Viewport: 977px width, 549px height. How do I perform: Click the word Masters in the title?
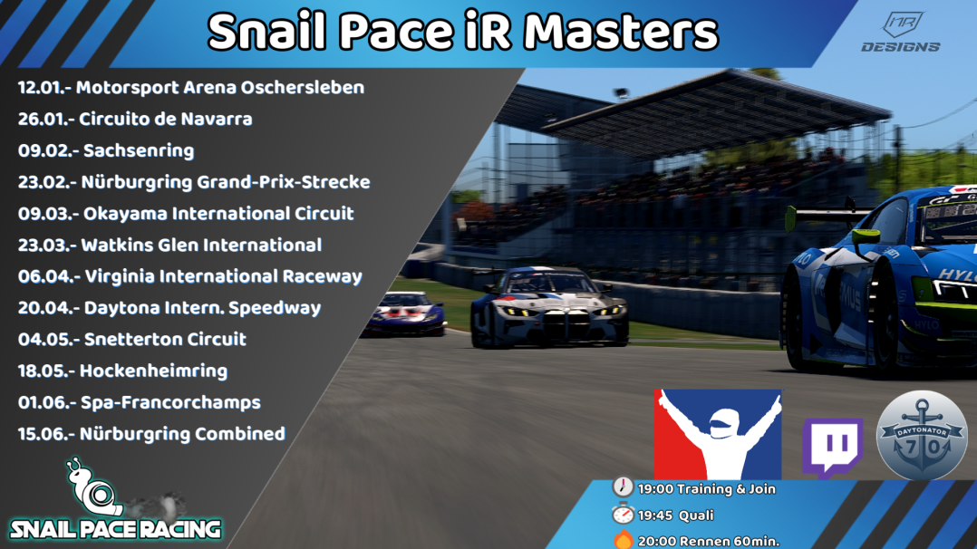(621, 33)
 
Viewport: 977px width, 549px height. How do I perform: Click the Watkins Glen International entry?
(200, 245)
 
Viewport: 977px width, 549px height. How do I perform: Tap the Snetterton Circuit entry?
(164, 340)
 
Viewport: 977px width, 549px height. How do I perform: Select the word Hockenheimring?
(153, 371)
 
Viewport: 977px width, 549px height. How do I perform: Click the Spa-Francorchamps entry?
(169, 402)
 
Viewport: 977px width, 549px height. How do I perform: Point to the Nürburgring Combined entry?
(181, 434)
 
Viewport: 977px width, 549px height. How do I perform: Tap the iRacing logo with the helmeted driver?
(717, 434)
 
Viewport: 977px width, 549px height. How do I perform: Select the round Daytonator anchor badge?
(922, 435)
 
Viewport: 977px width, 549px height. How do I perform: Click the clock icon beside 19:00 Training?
(623, 487)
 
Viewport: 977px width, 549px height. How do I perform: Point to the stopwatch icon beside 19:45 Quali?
(623, 514)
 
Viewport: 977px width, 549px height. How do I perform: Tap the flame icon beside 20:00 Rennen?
(623, 540)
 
